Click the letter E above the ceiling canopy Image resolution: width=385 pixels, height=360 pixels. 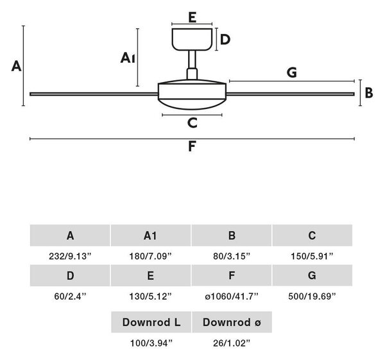coord(193,17)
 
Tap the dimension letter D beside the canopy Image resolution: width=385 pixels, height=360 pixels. coord(225,40)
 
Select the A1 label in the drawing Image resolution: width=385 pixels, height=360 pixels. coord(128,58)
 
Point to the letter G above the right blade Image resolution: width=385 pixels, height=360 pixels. coord(292,73)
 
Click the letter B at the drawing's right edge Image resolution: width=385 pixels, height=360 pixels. coord(369,93)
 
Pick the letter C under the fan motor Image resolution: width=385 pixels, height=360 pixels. coord(193,123)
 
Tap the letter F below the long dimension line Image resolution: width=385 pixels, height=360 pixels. coord(192,146)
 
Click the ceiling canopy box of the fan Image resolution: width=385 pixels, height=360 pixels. coord(192,39)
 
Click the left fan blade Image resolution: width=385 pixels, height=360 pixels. coord(94,94)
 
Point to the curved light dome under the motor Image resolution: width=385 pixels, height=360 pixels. coord(192,104)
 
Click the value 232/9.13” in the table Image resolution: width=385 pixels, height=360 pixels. coord(70,256)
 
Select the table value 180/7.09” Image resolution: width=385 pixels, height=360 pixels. coord(151,256)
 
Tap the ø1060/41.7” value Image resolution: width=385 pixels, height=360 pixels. coord(232,296)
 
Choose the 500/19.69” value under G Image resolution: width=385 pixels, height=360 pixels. coord(312,296)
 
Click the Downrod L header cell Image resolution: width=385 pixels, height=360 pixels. coord(151,322)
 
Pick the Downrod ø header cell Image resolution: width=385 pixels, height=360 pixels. coord(232,322)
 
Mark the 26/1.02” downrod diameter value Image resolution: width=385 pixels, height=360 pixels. coord(232,343)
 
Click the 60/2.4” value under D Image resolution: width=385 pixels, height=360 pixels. coord(70,296)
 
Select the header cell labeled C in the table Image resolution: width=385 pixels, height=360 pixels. coord(312,236)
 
